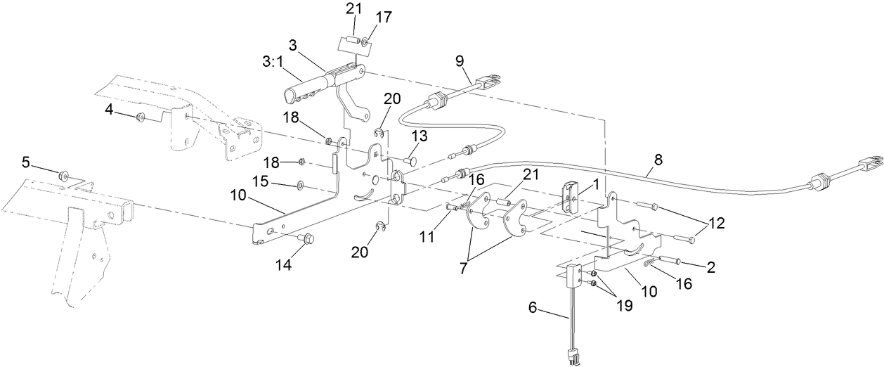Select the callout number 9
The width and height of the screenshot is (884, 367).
point(460,61)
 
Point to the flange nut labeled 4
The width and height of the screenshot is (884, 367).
point(141,116)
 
